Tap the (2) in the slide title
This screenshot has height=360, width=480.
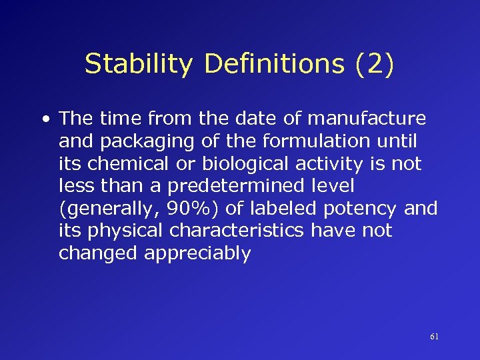375,64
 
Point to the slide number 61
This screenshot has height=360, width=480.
434,337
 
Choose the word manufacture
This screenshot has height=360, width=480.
374,119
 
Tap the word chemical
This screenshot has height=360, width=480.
125,164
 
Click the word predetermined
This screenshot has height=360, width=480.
217,186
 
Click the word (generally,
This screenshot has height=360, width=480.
107,209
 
